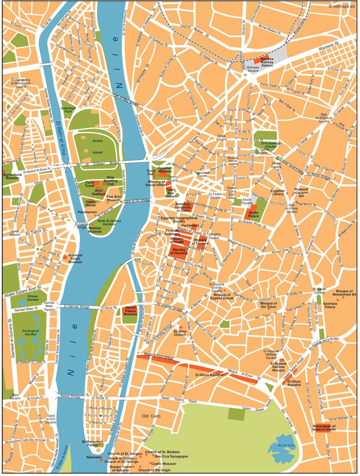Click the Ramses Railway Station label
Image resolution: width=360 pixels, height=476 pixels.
coord(264,62)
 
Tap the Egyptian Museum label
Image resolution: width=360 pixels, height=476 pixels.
coord(165,171)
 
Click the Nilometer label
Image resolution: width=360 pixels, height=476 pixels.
coord(94,457)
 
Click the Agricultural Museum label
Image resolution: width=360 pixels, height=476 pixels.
coord(14,176)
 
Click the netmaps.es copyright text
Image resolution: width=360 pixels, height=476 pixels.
coord(343,6)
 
